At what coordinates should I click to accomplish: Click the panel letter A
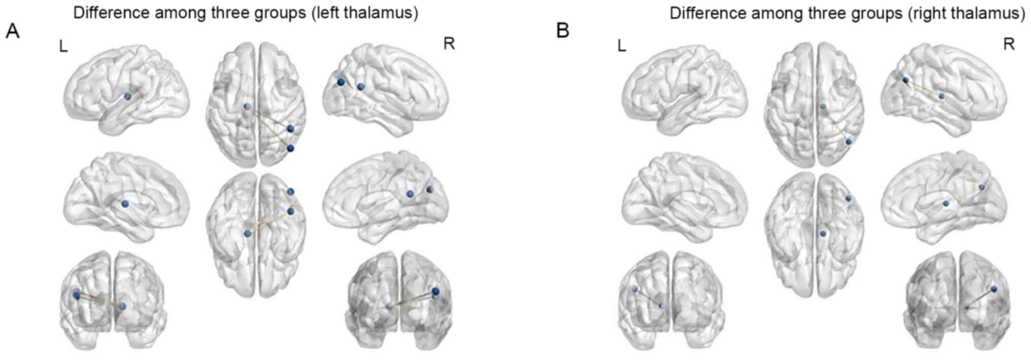point(13,31)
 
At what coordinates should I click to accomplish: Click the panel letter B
point(563,31)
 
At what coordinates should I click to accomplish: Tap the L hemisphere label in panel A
point(63,47)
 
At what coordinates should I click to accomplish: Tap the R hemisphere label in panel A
point(449,44)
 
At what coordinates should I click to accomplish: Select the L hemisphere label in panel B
point(622,47)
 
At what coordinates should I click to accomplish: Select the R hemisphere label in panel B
point(1009,44)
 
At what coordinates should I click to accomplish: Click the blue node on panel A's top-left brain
point(127,96)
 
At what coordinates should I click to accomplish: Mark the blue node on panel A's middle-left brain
point(125,204)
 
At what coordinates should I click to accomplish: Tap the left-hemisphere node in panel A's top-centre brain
point(247,107)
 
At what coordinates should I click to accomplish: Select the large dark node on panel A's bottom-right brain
point(436,291)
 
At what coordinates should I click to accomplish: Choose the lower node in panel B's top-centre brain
point(848,142)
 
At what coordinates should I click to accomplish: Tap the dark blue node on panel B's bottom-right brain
point(993,289)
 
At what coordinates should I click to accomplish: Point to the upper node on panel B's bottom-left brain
point(635,289)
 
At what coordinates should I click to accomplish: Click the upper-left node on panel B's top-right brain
point(906,80)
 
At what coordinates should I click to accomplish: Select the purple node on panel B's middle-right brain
point(981,187)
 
